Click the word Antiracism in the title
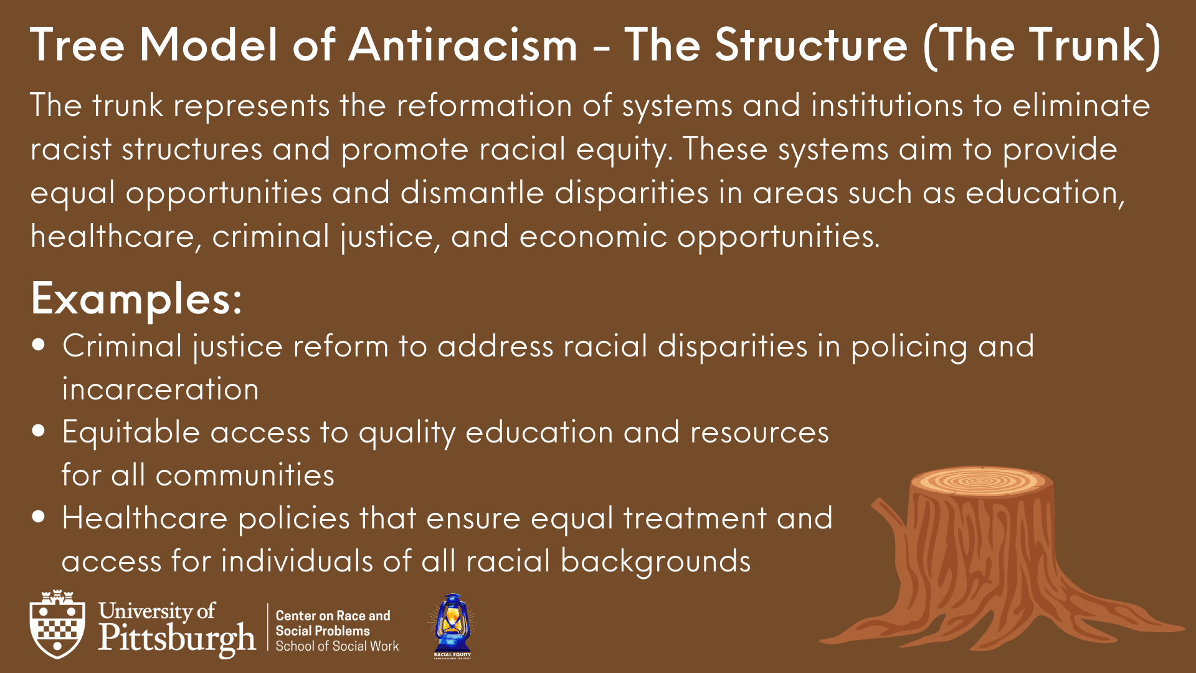pos(463,45)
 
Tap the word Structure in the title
pos(810,45)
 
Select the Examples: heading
pos(136,299)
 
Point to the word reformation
pos(484,105)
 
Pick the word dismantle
pos(472,193)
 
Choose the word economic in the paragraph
pos(593,236)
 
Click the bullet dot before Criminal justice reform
pos(39,345)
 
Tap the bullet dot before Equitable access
pos(39,431)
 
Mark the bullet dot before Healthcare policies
pos(39,517)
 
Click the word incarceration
pos(160,389)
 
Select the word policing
pos(909,346)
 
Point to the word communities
pos(245,475)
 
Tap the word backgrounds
pos(655,561)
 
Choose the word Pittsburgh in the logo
pos(177,638)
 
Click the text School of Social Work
pos(337,647)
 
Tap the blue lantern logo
pos(452,625)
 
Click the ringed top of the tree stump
pos(981,481)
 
